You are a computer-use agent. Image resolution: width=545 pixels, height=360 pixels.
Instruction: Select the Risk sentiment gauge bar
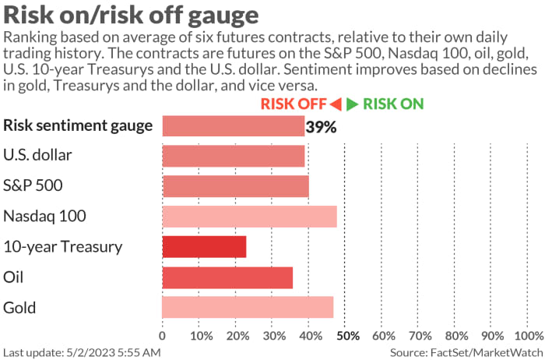[x=234, y=125]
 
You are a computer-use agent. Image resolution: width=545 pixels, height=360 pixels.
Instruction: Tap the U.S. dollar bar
[x=234, y=156]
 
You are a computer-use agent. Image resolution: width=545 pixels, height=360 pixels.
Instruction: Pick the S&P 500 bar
[x=235, y=186]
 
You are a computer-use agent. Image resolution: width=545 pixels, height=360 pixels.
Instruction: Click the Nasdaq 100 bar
[x=249, y=217]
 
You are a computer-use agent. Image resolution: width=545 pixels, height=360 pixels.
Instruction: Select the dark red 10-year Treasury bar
[x=204, y=247]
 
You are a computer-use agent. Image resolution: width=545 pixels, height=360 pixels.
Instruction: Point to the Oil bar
[x=227, y=277]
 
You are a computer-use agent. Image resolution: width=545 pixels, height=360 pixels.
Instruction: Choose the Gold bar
[x=248, y=307]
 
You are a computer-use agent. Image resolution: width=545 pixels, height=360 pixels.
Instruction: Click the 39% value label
[x=321, y=127]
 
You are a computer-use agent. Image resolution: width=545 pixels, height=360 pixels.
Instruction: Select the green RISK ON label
[x=393, y=104]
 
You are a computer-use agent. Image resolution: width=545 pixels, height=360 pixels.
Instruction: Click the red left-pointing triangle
[x=336, y=104]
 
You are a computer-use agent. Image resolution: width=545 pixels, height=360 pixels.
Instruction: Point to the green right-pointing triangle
[x=352, y=104]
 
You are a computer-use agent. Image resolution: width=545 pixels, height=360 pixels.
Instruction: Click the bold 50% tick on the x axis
[x=346, y=336]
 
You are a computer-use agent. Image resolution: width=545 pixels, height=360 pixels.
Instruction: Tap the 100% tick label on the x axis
[x=529, y=336]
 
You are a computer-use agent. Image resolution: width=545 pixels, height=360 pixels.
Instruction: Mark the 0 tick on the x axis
[x=162, y=336]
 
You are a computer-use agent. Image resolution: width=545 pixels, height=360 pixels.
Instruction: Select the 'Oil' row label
[x=14, y=277]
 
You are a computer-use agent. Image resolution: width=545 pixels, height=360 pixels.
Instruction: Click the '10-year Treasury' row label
[x=63, y=247]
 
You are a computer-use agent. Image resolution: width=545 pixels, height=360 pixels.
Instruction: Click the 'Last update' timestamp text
[x=82, y=351]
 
